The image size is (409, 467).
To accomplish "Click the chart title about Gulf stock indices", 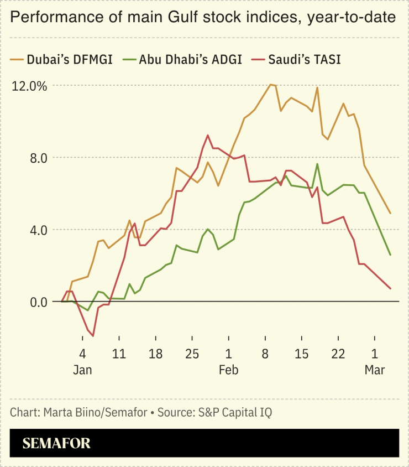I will click(203, 18).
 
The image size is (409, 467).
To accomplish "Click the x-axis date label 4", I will click(82, 354).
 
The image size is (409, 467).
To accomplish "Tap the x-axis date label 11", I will click(119, 354).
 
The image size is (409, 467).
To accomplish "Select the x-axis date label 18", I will click(155, 354).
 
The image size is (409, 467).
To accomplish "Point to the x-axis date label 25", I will click(192, 354).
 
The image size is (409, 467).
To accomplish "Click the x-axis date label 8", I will click(265, 354).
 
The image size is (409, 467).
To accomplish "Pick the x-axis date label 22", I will click(338, 354).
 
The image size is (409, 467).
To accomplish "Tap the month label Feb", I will click(228, 370).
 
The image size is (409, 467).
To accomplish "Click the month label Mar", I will click(374, 370).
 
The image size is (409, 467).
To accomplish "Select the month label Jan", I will click(82, 370).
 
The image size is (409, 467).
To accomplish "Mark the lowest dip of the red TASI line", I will click(93, 336).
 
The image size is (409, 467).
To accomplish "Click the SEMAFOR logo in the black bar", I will click(56, 443).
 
